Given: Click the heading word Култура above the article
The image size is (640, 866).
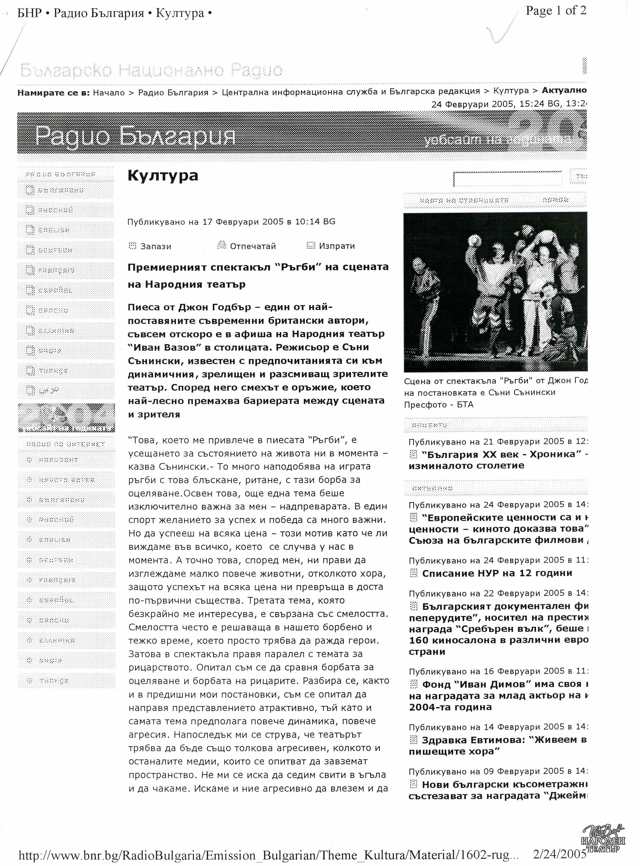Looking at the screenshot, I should tap(163, 175).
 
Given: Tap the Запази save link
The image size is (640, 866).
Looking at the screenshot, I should tap(155, 246).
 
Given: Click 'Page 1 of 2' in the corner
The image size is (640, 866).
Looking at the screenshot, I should tap(556, 10).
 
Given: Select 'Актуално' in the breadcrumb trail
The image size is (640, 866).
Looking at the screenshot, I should tap(564, 91).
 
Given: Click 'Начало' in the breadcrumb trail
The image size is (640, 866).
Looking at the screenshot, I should tap(109, 93).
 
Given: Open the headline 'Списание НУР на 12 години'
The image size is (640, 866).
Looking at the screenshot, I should tap(497, 573).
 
